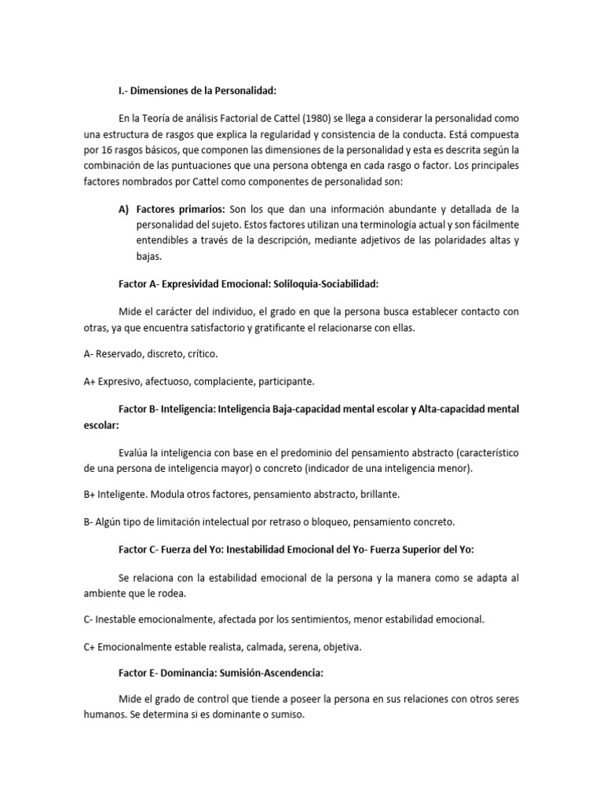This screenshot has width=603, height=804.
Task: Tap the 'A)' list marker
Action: tap(123, 209)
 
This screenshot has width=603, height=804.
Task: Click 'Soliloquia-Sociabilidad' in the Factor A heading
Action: tap(323, 283)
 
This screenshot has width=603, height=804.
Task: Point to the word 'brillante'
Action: tap(378, 495)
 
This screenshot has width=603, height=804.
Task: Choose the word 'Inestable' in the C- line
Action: tap(120, 619)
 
